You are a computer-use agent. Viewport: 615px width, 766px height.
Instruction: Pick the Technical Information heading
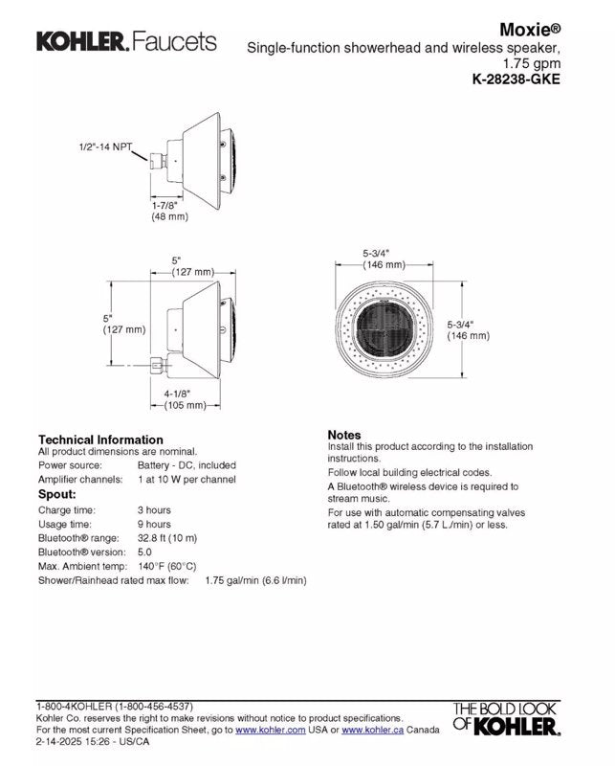[x=100, y=439]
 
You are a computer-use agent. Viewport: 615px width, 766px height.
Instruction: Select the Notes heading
[x=343, y=435]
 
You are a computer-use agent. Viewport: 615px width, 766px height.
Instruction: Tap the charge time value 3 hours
[x=154, y=510]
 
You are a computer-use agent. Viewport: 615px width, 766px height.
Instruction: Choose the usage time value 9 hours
[x=154, y=525]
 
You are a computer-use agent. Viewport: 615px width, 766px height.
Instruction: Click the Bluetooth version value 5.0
[x=144, y=552]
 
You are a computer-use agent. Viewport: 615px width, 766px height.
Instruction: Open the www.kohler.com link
[x=271, y=731]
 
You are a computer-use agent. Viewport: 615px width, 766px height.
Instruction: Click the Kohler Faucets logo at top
[x=126, y=41]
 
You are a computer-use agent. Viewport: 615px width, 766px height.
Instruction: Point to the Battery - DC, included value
[x=187, y=465]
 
